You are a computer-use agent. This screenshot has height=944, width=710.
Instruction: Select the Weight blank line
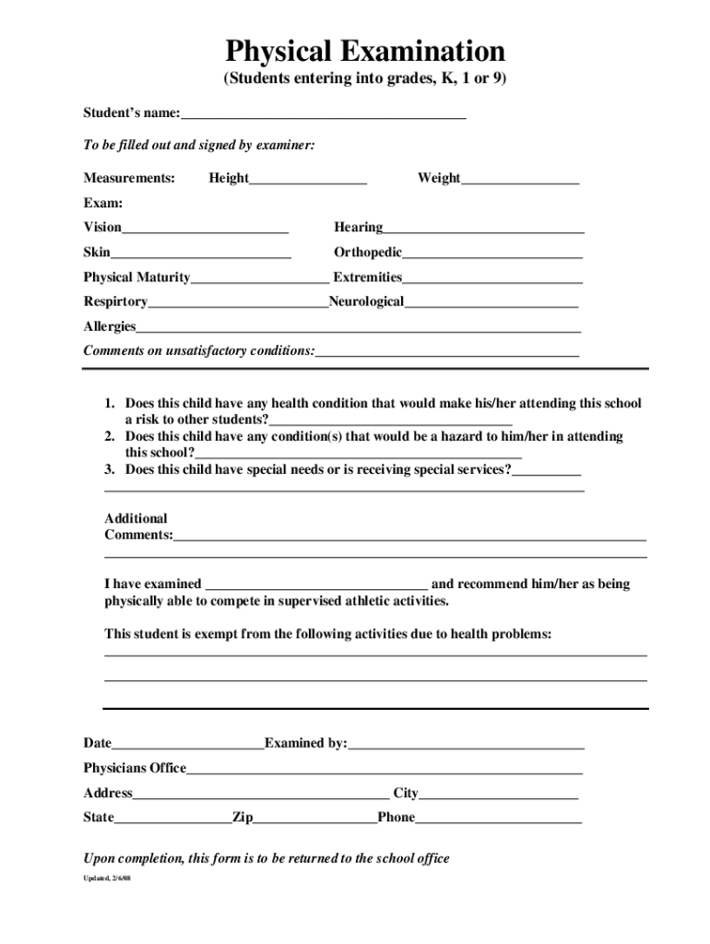pyautogui.click(x=520, y=179)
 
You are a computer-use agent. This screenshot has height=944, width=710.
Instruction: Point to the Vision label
pyautogui.click(x=102, y=227)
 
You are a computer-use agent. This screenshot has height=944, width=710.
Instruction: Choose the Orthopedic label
pyautogui.click(x=368, y=252)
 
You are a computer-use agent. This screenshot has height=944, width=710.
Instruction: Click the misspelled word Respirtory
pyautogui.click(x=115, y=301)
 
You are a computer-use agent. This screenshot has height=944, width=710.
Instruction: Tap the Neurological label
pyautogui.click(x=366, y=301)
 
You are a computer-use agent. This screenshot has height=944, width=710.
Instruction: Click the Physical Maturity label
pyautogui.click(x=136, y=277)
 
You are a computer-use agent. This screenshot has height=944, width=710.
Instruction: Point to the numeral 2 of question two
pyautogui.click(x=108, y=436)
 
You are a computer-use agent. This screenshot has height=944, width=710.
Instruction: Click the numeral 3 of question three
pyautogui.click(x=108, y=469)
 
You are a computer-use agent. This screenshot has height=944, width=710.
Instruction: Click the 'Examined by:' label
pyautogui.click(x=305, y=743)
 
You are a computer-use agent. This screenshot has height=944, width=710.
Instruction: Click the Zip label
pyautogui.click(x=243, y=818)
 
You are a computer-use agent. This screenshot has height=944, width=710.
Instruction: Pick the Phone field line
pyautogui.click(x=498, y=819)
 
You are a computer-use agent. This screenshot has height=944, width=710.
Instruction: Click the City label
pyautogui.click(x=406, y=793)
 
